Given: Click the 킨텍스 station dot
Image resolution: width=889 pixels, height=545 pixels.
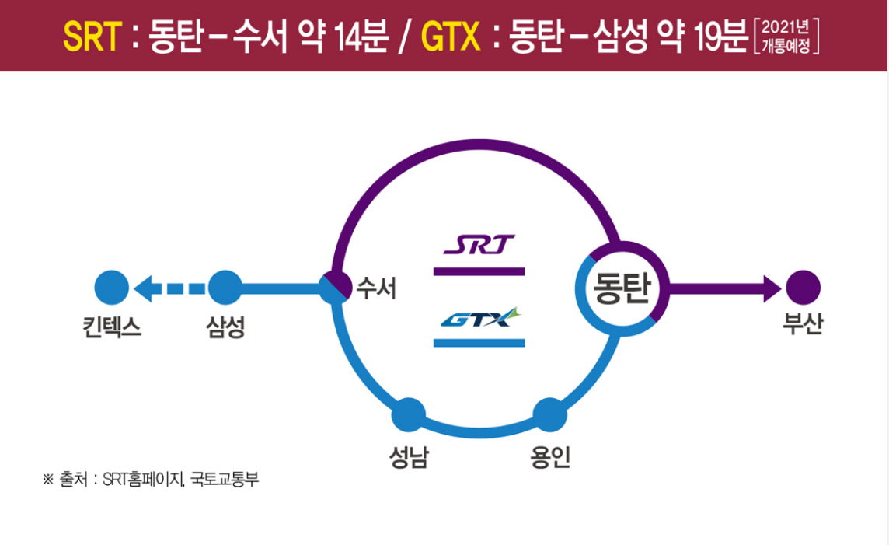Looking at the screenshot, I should (x=111, y=288).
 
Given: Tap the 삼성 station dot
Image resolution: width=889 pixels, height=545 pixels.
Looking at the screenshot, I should (x=225, y=288).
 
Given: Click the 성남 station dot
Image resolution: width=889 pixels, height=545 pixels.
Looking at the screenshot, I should (x=408, y=414).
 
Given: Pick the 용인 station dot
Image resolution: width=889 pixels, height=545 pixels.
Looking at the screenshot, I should (x=550, y=414).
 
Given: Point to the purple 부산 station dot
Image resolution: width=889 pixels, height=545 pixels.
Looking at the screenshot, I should (x=803, y=288).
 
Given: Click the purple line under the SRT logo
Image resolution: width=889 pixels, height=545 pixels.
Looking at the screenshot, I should (x=479, y=271).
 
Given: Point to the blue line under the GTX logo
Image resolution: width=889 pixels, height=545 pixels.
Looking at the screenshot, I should (x=479, y=342).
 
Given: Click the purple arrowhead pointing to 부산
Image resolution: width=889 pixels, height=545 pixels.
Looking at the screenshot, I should (x=772, y=288).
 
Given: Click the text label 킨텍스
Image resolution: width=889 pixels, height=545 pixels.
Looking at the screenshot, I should (x=111, y=326).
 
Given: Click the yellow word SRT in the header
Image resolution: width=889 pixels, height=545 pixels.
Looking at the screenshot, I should (x=92, y=37).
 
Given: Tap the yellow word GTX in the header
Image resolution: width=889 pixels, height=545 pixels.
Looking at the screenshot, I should (x=449, y=37).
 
